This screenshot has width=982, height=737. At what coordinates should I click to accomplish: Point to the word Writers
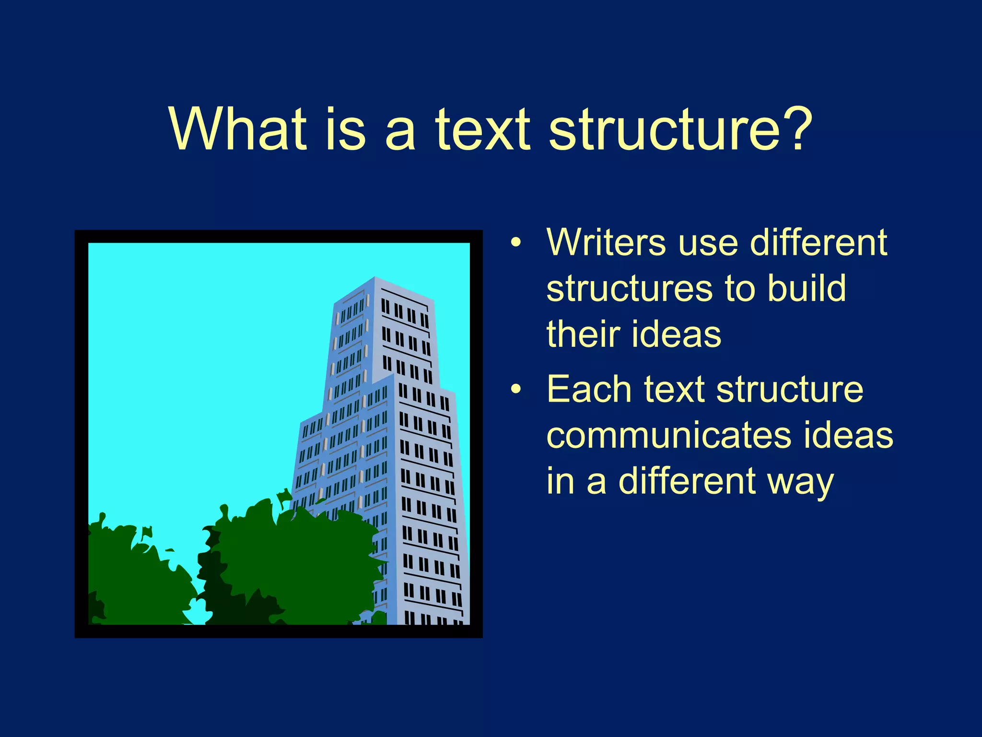606,242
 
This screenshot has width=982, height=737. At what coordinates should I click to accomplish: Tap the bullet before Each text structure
515,390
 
